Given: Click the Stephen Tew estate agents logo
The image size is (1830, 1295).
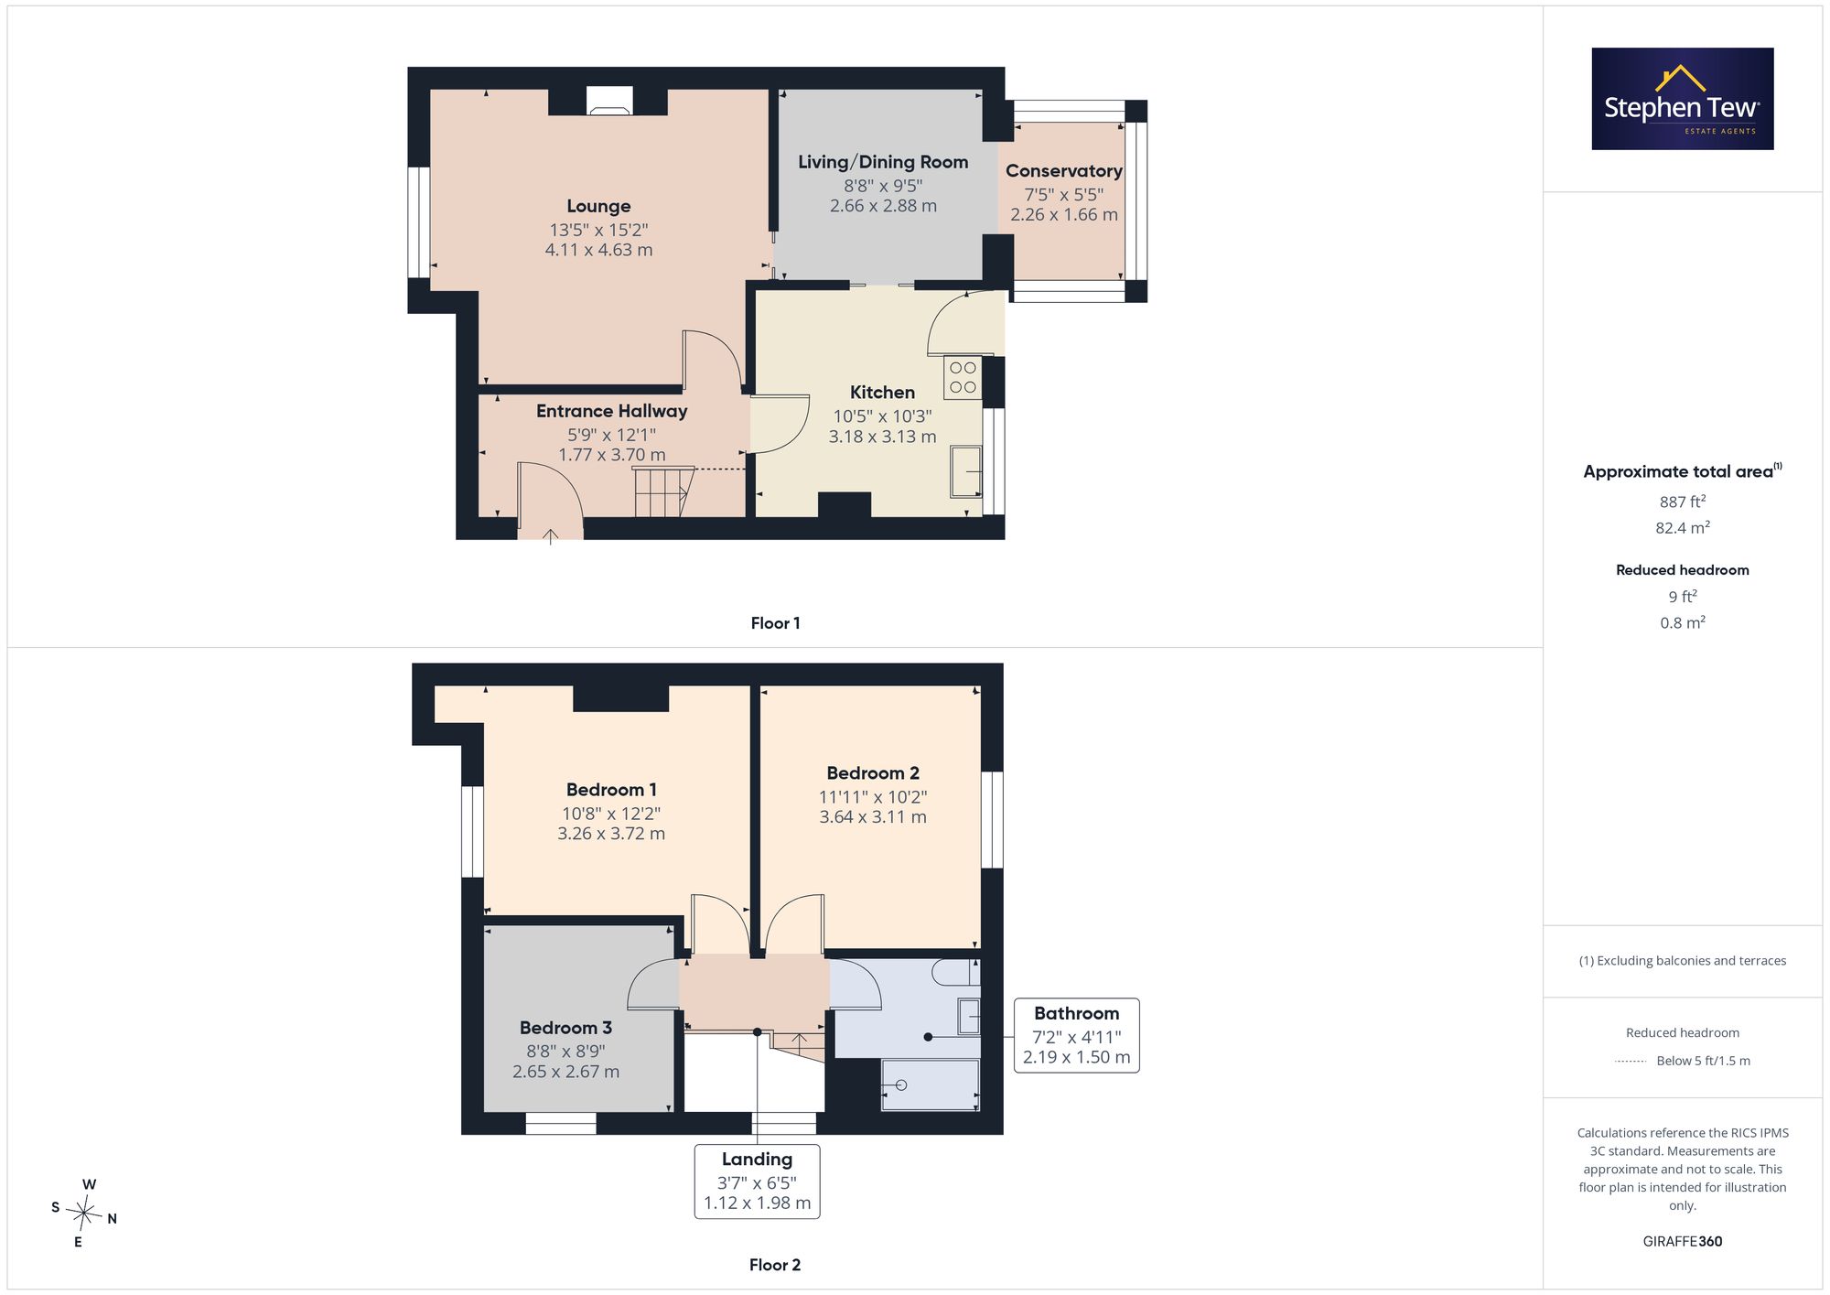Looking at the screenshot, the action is [x=1683, y=99].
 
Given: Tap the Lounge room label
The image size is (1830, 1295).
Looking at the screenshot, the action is [x=598, y=207].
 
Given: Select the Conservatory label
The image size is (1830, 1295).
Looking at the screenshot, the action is [x=1063, y=171].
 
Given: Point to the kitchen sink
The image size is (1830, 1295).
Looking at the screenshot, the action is [x=966, y=471].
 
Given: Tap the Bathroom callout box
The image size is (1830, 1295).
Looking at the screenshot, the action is [x=1077, y=1035].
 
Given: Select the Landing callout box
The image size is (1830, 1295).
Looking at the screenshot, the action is [x=757, y=1182].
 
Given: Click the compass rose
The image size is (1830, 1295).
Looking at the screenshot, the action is [x=84, y=1214].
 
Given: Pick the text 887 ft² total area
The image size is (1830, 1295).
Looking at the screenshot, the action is [x=1683, y=502].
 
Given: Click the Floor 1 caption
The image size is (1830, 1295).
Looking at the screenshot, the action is [x=775, y=623].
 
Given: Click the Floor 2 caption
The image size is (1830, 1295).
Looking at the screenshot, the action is [x=775, y=1265].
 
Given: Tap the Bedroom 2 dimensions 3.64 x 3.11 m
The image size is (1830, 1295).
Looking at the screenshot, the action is [x=873, y=817].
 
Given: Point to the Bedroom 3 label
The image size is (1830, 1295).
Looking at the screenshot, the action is [x=565, y=1028].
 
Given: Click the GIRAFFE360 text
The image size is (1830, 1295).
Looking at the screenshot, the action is [x=1683, y=1242].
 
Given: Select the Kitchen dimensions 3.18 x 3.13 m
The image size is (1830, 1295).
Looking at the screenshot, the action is [x=882, y=437].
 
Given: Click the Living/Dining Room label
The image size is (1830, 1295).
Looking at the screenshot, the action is [x=883, y=162].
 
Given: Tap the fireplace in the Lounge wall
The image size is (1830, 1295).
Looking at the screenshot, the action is [x=608, y=101].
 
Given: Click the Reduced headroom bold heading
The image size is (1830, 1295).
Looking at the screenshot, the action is [x=1683, y=570].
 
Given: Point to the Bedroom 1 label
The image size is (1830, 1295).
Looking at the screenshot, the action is [x=611, y=790].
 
